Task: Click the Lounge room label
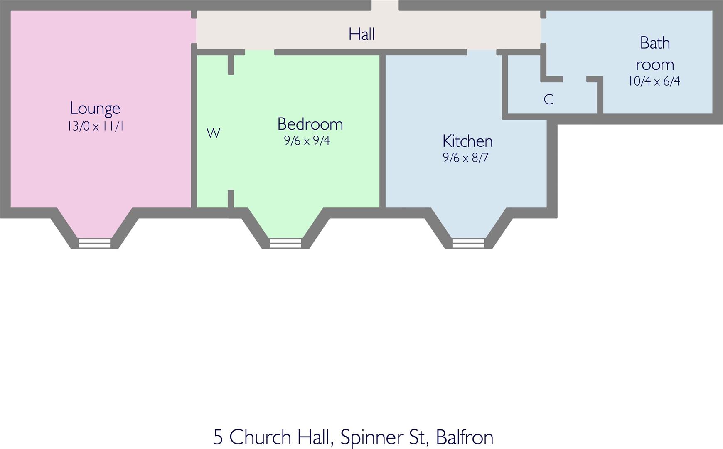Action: click(x=95, y=109)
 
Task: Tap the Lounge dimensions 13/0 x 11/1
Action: click(x=95, y=126)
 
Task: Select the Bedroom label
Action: click(x=310, y=124)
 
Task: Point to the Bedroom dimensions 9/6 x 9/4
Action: click(x=307, y=141)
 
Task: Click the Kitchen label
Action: click(x=467, y=141)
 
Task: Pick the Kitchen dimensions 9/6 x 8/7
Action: click(x=465, y=158)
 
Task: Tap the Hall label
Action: click(x=361, y=35)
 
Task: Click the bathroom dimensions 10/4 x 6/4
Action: click(x=654, y=81)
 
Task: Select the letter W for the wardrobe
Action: click(x=213, y=133)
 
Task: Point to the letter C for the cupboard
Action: click(x=548, y=99)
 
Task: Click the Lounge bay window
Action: click(x=95, y=243)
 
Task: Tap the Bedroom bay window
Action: click(x=285, y=243)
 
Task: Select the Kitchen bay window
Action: click(x=468, y=243)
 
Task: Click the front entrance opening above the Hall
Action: click(x=385, y=5)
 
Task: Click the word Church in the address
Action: click(x=260, y=437)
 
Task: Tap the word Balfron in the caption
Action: click(x=465, y=437)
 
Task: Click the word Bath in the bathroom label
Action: click(x=655, y=43)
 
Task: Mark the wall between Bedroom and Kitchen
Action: click(x=382, y=131)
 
